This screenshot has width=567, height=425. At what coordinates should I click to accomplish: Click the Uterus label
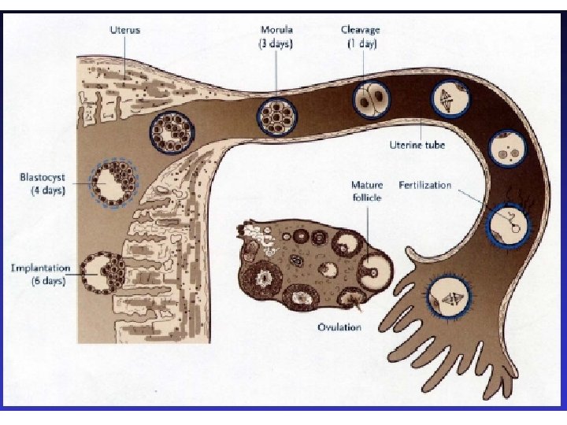[x=126, y=30]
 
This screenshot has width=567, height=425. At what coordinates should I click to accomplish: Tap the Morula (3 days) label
[x=276, y=37]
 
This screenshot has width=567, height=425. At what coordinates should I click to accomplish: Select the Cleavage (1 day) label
[x=361, y=37]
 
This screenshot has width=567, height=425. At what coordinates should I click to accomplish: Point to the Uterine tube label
[x=417, y=145]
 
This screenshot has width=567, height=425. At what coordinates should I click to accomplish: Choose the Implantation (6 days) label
[x=37, y=275]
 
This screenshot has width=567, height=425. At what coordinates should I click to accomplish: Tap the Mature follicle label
[x=366, y=191]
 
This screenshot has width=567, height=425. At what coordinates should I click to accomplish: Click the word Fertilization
[x=425, y=186]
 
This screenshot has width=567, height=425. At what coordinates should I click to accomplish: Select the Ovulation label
[x=339, y=327]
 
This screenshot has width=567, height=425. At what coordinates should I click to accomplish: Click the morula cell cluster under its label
[x=277, y=115]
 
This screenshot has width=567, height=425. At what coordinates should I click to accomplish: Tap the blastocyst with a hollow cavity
[x=114, y=183]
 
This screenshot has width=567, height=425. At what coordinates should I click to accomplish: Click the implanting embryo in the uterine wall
[x=108, y=273]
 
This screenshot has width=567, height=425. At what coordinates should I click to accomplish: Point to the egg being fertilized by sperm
[x=506, y=225]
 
